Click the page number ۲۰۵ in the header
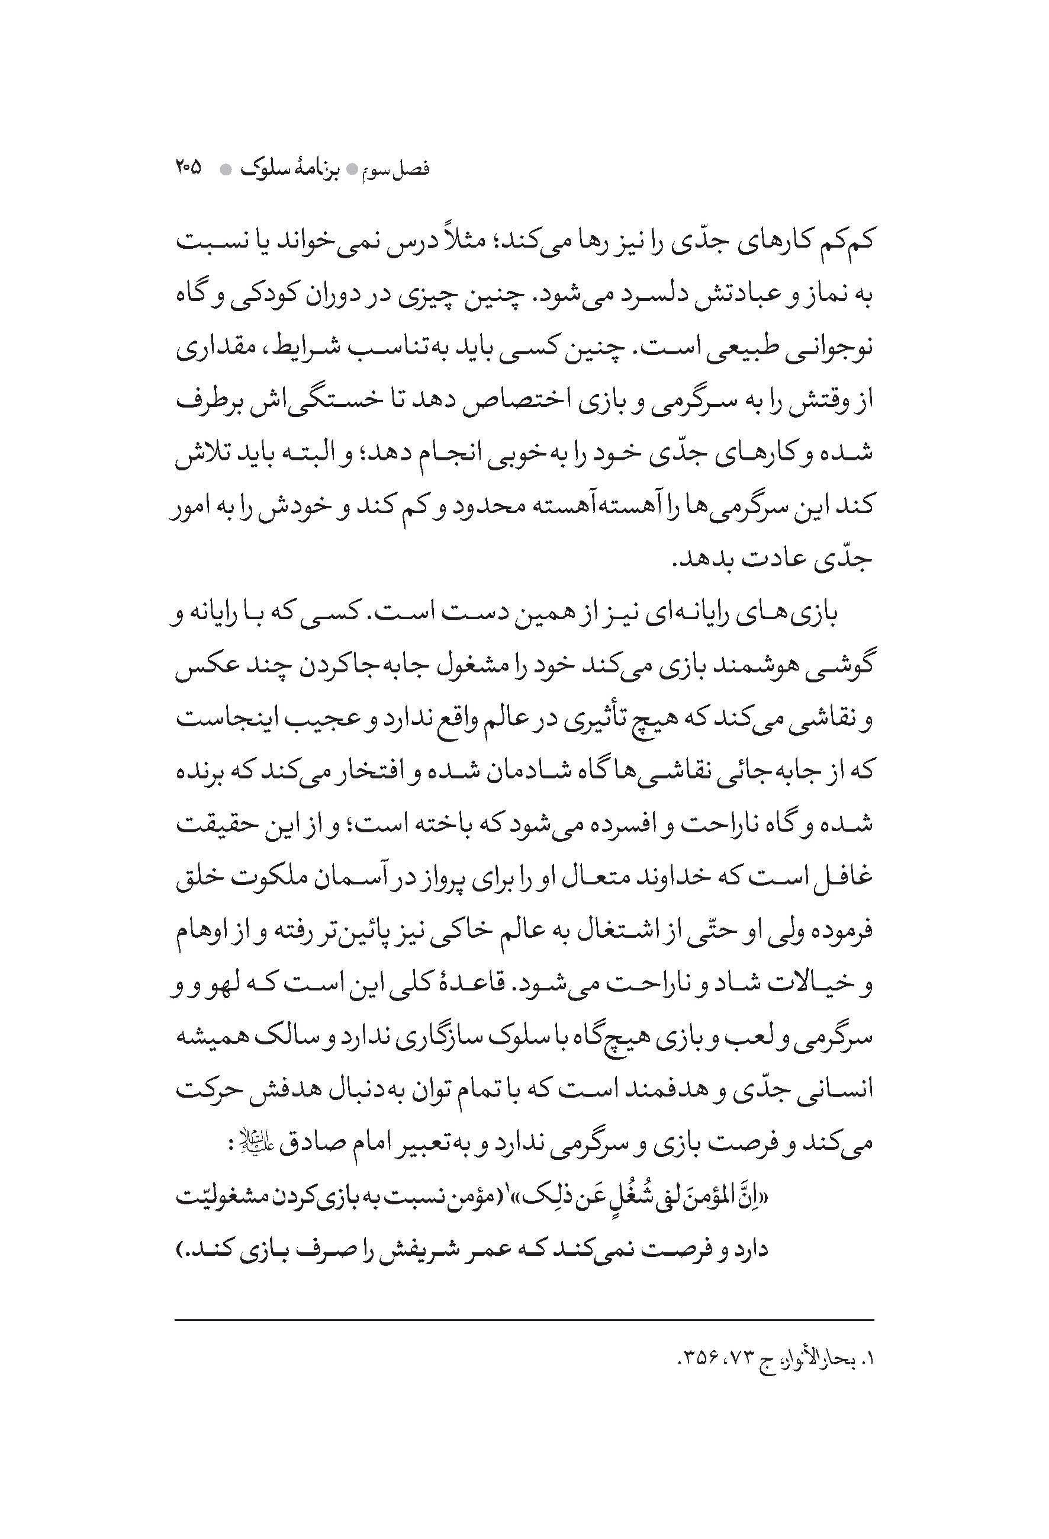188,168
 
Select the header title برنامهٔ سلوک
297,169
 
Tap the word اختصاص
514,400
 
